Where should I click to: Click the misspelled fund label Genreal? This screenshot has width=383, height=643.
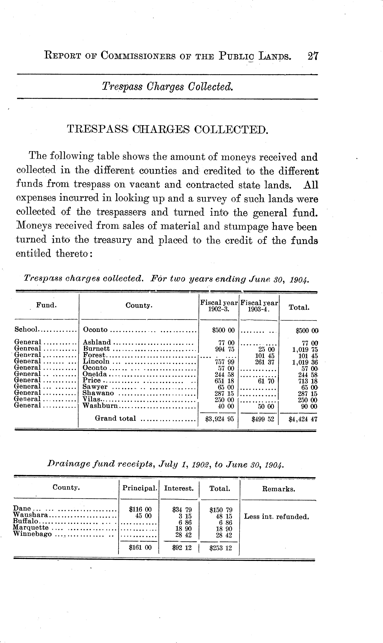(27, 349)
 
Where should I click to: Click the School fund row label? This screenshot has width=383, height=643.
(26, 329)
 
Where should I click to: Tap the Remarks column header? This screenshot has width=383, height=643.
(278, 489)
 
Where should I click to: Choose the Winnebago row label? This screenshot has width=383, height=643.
(32, 534)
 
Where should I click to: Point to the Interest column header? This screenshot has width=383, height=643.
(179, 488)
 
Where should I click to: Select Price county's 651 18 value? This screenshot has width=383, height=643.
(224, 381)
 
